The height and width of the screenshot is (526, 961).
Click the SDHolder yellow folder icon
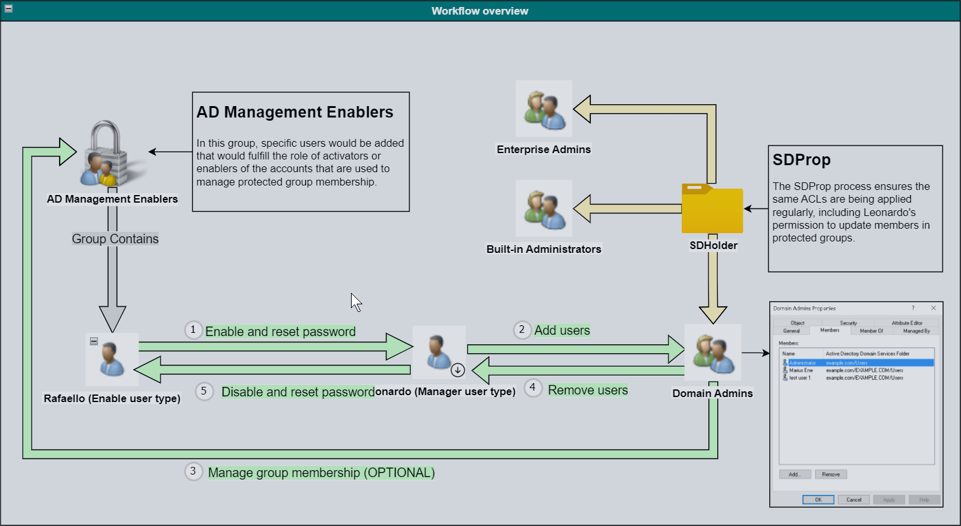point(712,210)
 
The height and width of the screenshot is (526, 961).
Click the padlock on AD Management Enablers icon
point(106,152)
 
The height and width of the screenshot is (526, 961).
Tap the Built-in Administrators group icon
point(544,208)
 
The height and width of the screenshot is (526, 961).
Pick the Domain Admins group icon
point(713,353)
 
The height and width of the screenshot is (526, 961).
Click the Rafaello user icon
point(112,359)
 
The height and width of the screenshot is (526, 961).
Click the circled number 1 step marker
point(193,330)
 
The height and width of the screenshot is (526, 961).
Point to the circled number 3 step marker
point(193,471)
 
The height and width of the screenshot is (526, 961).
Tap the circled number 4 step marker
point(533,388)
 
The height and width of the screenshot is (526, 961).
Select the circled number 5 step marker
point(204,391)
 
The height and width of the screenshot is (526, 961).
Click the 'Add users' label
point(562,330)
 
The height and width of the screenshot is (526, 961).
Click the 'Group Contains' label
point(115,239)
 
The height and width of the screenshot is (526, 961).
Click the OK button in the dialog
point(818,500)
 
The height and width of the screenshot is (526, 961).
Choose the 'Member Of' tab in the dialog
point(871,331)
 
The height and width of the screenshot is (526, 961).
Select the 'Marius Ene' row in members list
point(801,370)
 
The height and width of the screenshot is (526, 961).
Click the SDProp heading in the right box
point(801,160)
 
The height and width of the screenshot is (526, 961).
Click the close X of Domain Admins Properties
point(933,308)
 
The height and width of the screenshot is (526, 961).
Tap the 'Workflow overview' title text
point(480,11)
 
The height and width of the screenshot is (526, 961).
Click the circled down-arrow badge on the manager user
point(458,370)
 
